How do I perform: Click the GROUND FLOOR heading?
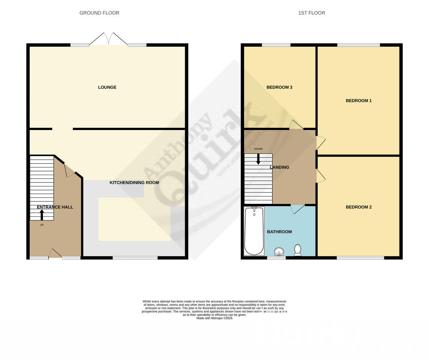pos(99,13)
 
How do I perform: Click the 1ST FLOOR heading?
pos(311,13)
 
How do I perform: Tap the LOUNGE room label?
pos(107,87)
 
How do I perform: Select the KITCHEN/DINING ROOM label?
pos(134,182)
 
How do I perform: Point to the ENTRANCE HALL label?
pos(55,207)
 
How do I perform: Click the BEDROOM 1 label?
pos(359,101)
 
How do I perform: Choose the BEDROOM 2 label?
pos(359,207)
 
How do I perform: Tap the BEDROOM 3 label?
pos(280,87)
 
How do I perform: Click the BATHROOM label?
pos(280,232)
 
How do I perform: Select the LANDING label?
pos(280,167)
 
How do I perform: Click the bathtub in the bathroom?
pos(254,231)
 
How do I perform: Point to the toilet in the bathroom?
pos(297,250)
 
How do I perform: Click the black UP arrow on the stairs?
pos(42,215)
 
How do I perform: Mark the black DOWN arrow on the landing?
pos(258,159)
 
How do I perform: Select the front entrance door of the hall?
pos(55,254)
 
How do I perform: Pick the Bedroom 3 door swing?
pos(296,125)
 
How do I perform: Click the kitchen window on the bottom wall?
pos(135,257)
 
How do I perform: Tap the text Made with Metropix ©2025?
pos(214,318)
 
